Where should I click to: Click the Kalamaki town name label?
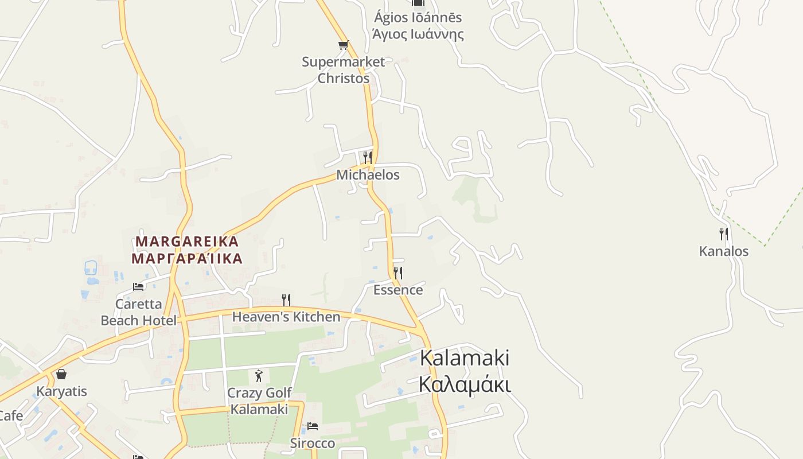465,371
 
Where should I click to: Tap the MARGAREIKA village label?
187,250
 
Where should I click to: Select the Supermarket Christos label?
344,70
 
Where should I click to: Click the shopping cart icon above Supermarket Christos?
343,45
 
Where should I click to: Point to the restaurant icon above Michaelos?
368,157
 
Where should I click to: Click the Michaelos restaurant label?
368,174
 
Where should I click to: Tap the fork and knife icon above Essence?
397,273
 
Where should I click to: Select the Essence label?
398,290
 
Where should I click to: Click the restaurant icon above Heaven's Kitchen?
286,299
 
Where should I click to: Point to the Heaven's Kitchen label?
286,317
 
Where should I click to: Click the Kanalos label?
724,251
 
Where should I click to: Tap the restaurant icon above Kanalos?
724,234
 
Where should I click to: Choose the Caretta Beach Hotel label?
139,312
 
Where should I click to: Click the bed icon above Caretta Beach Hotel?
138,286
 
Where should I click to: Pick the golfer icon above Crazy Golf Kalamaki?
259,376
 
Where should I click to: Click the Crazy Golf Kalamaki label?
259,401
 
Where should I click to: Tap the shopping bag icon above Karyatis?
61,374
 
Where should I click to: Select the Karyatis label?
62,391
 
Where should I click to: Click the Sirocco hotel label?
313,443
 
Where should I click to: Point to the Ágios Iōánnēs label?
418,26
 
